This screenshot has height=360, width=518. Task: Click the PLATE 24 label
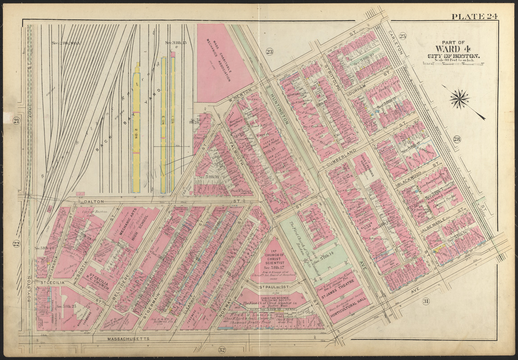pyautogui.click(x=474, y=17)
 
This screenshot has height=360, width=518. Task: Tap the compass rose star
pyautogui.click(x=459, y=99)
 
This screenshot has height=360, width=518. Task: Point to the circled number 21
pyautogui.click(x=17, y=121)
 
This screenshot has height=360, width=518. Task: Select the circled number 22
pyautogui.click(x=17, y=244)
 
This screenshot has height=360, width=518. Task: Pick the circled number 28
pyautogui.click(x=457, y=139)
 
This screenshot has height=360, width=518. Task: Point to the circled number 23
pyautogui.click(x=269, y=52)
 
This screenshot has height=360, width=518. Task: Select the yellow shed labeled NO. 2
pyautogui.click(x=136, y=130)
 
